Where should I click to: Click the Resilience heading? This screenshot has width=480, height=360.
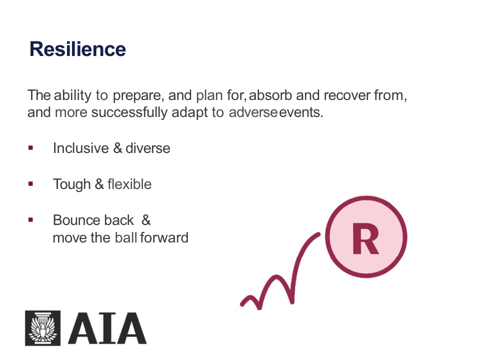(77, 49)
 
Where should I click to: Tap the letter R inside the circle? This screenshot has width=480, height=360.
(365, 238)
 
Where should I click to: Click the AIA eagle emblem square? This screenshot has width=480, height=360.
(43, 328)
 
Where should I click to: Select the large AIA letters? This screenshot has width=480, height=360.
(107, 328)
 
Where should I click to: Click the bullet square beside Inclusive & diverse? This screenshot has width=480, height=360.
(30, 148)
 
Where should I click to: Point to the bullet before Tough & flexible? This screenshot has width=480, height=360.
(30, 184)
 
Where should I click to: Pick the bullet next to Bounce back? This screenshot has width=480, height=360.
(30, 220)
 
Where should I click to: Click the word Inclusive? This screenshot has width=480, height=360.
(81, 148)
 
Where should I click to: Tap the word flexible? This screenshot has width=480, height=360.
(129, 184)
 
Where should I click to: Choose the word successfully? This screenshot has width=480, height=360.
(129, 112)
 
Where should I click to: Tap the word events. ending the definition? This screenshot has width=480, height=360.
(301, 112)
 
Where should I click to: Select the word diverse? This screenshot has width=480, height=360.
(148, 148)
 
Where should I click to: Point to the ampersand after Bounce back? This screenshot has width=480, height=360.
(146, 220)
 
